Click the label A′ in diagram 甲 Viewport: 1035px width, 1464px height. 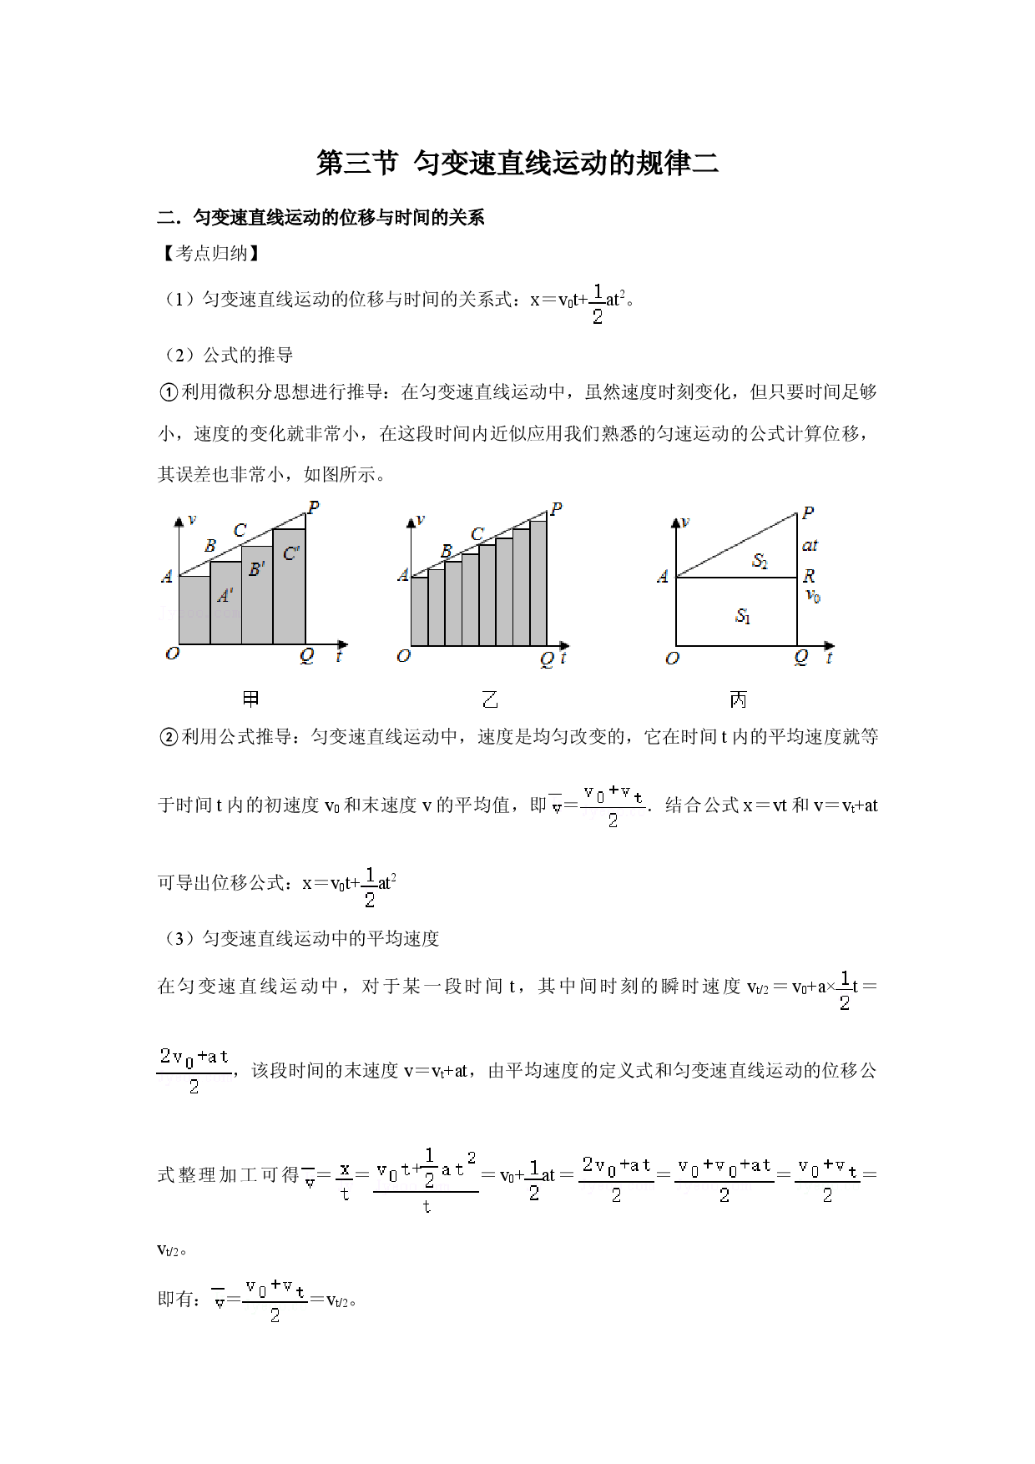coord(225,595)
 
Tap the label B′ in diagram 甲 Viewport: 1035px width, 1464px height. coord(257,569)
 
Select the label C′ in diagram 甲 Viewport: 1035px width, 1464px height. coord(291,553)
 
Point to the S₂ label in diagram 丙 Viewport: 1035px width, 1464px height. coord(760,561)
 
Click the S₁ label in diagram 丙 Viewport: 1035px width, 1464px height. coord(743,617)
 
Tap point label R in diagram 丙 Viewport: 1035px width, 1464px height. coord(809,576)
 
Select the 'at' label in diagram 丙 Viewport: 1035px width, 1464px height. coord(810,546)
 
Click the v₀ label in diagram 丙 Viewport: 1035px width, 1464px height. coord(813,596)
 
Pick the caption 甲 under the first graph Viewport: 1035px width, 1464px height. coord(250,699)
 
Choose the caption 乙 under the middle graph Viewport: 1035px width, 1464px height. coord(490,699)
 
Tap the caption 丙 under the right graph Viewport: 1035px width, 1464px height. coord(738,699)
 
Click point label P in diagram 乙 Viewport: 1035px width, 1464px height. coord(556,508)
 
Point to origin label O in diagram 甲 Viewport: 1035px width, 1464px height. coord(172,653)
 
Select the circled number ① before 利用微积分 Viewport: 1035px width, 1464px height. coord(169,392)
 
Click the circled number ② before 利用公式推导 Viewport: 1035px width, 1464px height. coord(169,737)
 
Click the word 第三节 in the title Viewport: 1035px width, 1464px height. coord(357,163)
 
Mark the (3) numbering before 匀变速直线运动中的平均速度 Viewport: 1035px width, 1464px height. coord(179,939)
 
